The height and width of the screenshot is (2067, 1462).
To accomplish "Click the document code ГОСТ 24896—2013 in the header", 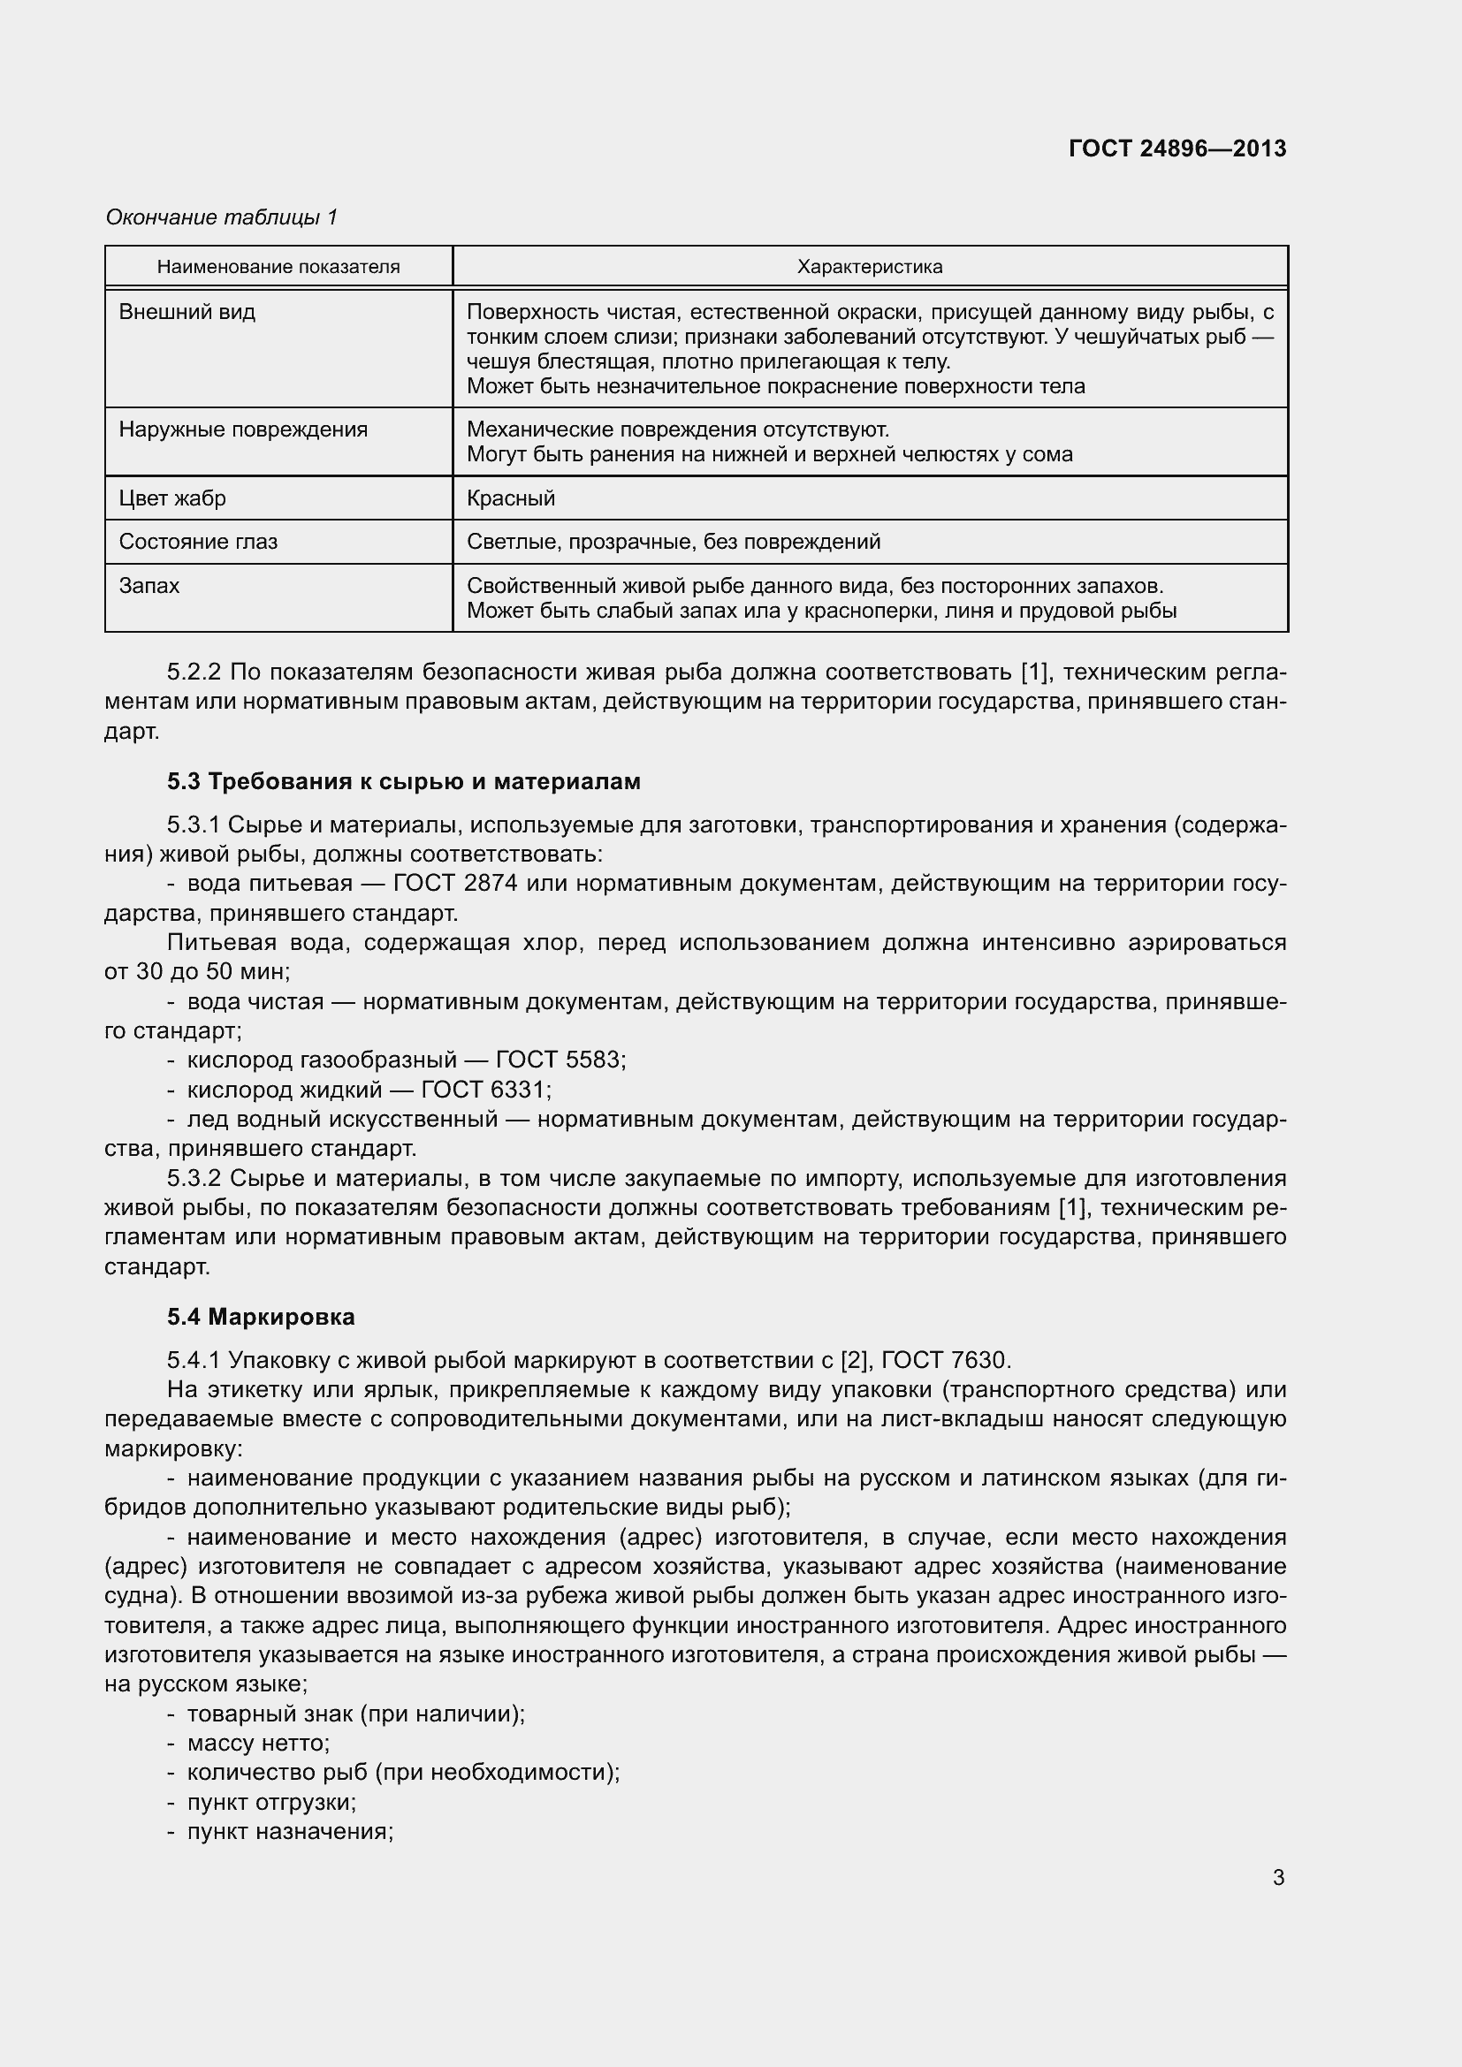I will click(x=1176, y=148).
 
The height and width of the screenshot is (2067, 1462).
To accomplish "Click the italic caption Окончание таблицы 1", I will click(x=222, y=217).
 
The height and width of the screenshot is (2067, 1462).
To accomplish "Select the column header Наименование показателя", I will click(x=278, y=267).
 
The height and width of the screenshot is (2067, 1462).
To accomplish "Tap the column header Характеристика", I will click(x=870, y=267).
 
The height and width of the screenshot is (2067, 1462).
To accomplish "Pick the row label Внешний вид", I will click(x=187, y=312).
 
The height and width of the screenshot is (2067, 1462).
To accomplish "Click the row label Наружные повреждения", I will click(x=243, y=429).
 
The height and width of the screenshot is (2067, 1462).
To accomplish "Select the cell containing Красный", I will click(x=510, y=498).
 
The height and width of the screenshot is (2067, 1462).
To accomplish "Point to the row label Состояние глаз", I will click(x=198, y=542).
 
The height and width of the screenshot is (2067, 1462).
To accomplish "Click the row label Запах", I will click(x=149, y=586).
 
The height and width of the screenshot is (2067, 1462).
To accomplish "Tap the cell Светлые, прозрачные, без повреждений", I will click(x=674, y=542).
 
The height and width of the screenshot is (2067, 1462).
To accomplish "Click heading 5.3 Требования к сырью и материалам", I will click(x=403, y=781).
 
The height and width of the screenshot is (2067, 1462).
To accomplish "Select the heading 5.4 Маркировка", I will click(x=261, y=1317).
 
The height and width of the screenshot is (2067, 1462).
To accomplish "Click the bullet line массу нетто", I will click(x=257, y=1743).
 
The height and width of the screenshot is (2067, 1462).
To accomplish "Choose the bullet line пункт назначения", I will click(x=289, y=1831).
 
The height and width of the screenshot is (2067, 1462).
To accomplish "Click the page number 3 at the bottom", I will click(x=1278, y=1878).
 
